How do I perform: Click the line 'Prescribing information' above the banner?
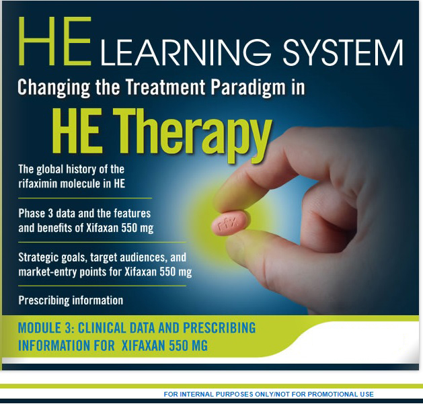[x=71, y=300]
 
